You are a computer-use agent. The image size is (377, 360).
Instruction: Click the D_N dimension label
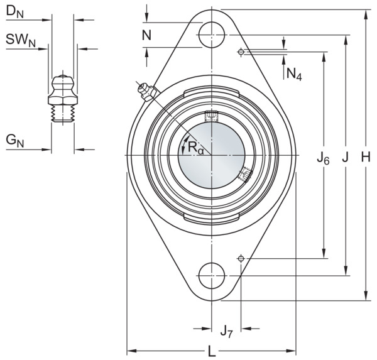click(x=14, y=12)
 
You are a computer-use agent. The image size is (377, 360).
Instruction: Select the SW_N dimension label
click(x=21, y=40)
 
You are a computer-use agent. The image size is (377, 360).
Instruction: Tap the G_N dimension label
click(x=15, y=141)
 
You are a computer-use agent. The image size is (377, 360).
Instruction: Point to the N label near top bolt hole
click(x=146, y=35)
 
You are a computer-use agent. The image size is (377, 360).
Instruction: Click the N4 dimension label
click(x=294, y=74)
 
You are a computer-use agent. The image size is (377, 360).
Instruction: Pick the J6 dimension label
click(x=323, y=159)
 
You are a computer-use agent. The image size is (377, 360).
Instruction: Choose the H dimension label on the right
click(x=366, y=158)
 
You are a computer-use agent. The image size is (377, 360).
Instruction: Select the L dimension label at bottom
click(x=212, y=351)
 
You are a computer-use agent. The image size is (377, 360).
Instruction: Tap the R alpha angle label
click(x=195, y=148)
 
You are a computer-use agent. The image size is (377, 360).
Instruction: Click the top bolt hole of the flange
click(x=212, y=35)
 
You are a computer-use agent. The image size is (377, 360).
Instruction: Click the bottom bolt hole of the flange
click(x=212, y=276)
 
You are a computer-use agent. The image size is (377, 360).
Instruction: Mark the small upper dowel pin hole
click(x=241, y=52)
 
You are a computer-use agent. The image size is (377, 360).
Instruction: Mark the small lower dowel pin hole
click(x=241, y=258)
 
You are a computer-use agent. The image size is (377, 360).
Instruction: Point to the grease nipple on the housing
click(x=148, y=92)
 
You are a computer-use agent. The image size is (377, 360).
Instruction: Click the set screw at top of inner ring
click(x=212, y=116)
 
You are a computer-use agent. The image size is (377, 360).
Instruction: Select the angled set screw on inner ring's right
click(x=246, y=174)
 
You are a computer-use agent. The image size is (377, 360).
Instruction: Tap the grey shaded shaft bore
click(x=212, y=155)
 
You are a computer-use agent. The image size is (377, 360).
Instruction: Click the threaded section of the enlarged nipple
click(x=63, y=113)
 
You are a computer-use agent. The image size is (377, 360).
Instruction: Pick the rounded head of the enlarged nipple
click(x=63, y=83)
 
